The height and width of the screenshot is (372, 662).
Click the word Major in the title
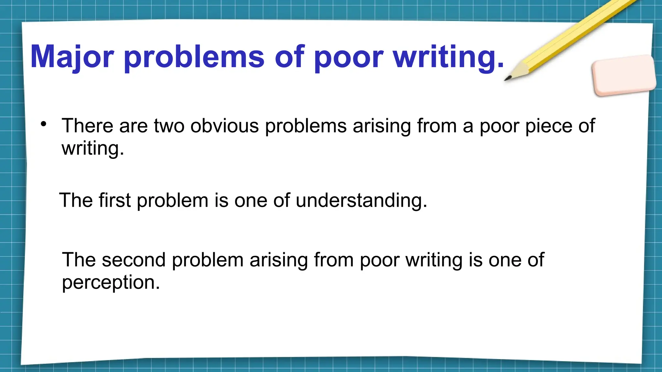click(x=72, y=57)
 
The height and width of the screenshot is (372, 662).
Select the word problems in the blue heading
click(x=194, y=57)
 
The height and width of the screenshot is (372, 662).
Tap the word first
click(x=115, y=200)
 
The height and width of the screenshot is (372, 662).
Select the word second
click(x=134, y=260)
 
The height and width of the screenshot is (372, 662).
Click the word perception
click(x=111, y=283)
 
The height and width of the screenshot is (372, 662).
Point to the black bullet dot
click(x=44, y=124)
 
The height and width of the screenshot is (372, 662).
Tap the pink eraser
click(x=624, y=75)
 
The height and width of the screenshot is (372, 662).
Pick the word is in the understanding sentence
click(x=221, y=200)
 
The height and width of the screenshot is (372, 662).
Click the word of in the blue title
click(x=289, y=57)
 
